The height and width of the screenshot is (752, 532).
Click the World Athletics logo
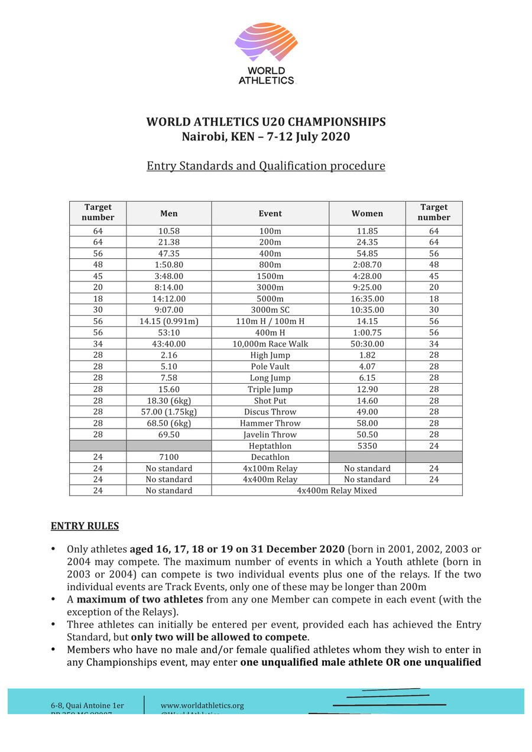(x=266, y=53)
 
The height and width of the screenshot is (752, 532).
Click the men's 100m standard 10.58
(x=168, y=231)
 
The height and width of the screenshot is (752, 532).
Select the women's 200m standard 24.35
(x=366, y=242)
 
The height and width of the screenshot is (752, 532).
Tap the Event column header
(x=270, y=213)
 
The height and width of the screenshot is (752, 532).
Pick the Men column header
(x=168, y=213)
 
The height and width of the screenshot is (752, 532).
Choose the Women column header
(x=367, y=213)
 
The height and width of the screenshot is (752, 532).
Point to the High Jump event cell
(x=270, y=355)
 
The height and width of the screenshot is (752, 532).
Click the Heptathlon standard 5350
(x=366, y=446)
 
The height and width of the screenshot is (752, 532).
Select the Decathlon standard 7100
(x=168, y=457)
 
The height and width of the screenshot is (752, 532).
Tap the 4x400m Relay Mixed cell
(x=337, y=491)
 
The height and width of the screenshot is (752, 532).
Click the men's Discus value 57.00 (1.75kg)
(x=168, y=412)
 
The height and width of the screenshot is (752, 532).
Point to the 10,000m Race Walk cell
(x=270, y=344)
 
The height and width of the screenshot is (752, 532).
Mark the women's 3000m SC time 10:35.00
(x=366, y=310)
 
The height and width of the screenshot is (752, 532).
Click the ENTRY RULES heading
(x=85, y=526)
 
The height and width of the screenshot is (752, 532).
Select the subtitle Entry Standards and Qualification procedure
(x=266, y=166)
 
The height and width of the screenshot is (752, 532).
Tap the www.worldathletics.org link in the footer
(x=202, y=705)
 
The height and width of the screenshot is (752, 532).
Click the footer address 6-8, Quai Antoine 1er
(x=87, y=705)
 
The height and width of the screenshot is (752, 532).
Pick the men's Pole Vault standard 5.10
(x=168, y=367)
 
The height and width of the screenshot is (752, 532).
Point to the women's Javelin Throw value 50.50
(x=366, y=435)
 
